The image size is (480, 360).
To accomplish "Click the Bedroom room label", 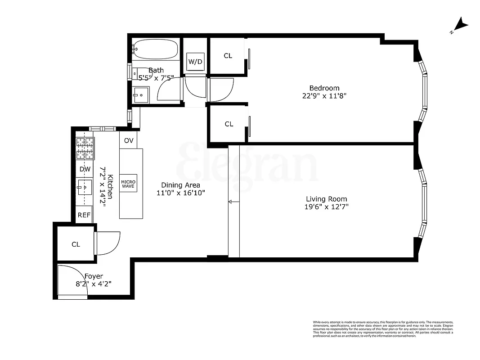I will [x=324, y=88].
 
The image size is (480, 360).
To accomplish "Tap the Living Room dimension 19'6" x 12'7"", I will [x=326, y=207].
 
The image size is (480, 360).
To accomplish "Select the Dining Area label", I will [x=180, y=185].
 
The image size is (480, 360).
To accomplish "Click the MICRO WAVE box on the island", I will [x=129, y=184].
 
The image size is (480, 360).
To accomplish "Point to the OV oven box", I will [x=129, y=141].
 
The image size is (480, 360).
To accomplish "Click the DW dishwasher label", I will [x=85, y=169].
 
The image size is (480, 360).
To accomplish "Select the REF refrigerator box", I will [x=84, y=215].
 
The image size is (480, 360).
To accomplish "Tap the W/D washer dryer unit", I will [x=195, y=61].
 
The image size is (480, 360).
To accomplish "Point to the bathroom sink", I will [x=140, y=95].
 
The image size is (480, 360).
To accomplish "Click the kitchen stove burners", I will [x=85, y=148].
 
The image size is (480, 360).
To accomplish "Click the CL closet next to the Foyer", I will [x=76, y=244].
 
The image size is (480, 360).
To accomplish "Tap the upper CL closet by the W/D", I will [x=228, y=56].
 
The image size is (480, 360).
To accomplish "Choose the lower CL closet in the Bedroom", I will [x=229, y=124].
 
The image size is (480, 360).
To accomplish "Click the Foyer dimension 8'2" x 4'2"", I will [x=93, y=284].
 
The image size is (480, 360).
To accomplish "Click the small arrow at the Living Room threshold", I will [x=231, y=202].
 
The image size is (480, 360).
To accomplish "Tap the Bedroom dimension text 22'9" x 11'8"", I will [x=324, y=96].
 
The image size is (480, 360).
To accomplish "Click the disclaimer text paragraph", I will [x=383, y=329].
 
